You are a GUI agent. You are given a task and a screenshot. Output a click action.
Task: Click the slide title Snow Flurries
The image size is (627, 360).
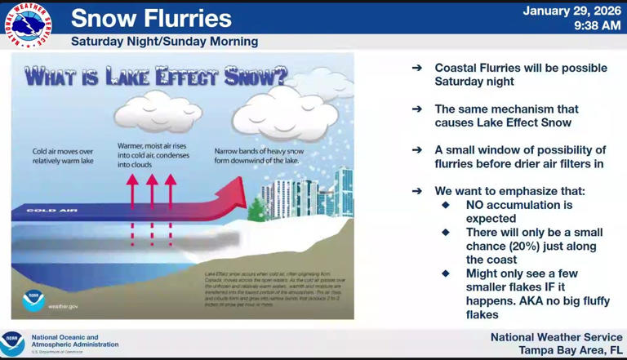[x=151, y=19]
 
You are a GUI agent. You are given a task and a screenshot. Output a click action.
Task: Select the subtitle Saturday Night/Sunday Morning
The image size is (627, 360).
[x=164, y=41]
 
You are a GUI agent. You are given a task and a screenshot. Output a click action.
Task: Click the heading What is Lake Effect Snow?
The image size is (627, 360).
[x=155, y=78]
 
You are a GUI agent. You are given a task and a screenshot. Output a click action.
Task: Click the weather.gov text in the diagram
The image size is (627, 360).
[x=63, y=306]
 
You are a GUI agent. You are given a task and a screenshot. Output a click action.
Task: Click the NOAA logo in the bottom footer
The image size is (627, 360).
[x=12, y=343]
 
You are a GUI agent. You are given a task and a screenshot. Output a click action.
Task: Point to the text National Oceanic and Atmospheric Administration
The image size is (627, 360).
[x=74, y=340]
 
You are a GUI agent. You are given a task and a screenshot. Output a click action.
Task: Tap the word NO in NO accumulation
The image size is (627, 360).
[x=477, y=205]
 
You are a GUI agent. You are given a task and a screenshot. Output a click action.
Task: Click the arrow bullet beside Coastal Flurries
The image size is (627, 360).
[x=417, y=68]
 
